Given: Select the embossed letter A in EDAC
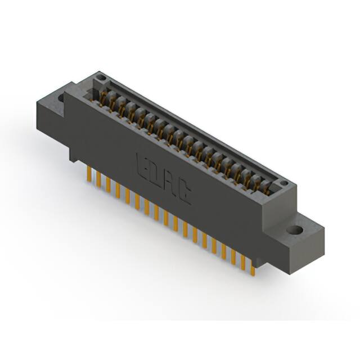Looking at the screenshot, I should [x=170, y=183].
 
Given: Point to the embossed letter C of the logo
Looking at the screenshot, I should [x=184, y=194].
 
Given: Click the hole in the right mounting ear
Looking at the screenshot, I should [x=294, y=231].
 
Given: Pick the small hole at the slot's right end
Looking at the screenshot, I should [x=284, y=183].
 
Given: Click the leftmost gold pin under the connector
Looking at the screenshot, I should [x=89, y=174].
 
